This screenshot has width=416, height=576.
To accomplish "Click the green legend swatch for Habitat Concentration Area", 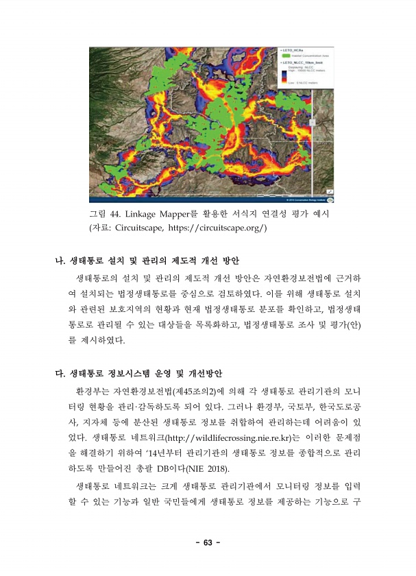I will [x=286, y=56].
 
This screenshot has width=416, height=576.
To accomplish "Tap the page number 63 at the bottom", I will [x=208, y=544].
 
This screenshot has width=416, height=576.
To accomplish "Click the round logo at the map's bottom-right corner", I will [x=330, y=199].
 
